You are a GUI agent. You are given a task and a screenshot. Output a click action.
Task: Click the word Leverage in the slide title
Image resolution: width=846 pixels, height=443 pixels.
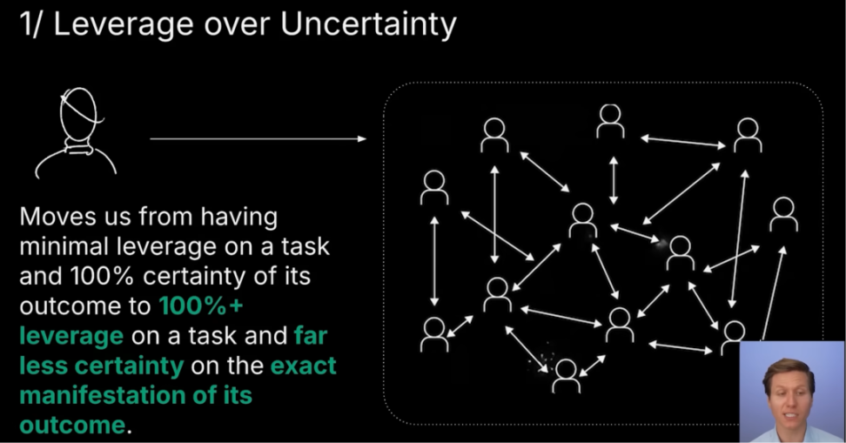coord(124,24)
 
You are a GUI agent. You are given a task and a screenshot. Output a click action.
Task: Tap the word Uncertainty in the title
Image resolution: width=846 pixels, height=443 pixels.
coord(368,24)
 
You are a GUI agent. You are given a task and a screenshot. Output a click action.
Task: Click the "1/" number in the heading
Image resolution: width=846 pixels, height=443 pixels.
coord(30,24)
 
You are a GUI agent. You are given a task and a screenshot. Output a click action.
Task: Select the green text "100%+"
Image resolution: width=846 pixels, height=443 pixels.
coord(201,306)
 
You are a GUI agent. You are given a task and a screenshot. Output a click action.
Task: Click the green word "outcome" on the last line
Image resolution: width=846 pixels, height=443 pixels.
coord(72,425)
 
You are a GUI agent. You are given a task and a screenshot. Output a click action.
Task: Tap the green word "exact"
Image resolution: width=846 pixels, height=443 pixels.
coord(303,366)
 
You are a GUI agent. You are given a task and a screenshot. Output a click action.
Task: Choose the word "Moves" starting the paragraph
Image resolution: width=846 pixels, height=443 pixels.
coord(57,217)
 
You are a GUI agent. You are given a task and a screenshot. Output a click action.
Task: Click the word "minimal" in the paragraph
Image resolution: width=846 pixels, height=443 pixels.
coord(64,246)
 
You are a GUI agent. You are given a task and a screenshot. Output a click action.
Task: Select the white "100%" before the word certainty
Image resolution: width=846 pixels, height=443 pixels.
coord(103,276)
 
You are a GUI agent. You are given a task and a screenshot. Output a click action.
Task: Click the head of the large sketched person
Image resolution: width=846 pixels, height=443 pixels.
coord(79,114)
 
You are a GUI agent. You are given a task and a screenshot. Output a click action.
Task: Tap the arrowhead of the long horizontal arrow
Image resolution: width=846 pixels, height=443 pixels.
coord(362,138)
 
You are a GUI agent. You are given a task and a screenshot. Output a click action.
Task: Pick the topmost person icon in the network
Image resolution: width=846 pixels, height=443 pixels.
coord(610,120)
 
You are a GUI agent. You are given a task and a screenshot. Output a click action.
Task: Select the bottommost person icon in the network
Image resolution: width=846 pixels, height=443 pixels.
coord(566,376)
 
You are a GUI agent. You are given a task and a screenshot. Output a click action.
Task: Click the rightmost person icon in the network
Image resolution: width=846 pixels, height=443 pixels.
coord(784,214)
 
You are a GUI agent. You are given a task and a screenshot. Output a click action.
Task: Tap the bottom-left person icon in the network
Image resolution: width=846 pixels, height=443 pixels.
coord(434,334)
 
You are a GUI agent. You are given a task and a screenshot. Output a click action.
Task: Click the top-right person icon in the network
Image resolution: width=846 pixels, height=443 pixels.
coord(748,135)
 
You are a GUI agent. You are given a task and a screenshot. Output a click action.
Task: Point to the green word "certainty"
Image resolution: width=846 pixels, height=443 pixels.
coord(129,366)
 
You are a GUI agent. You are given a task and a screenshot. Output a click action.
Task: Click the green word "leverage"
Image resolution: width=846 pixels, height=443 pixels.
coord(71,337)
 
